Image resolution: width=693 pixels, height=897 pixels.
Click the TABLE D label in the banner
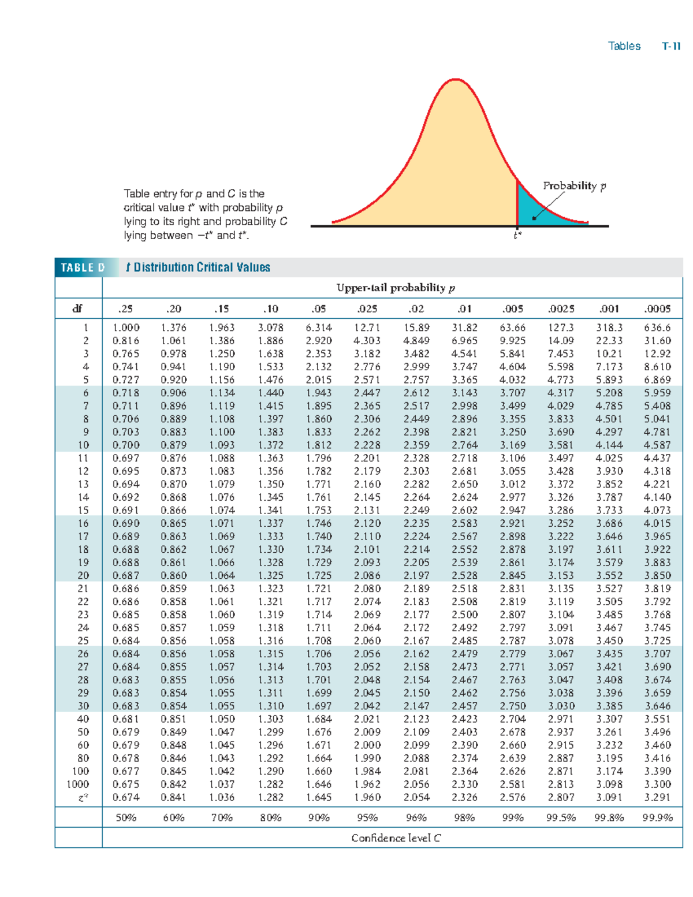83,267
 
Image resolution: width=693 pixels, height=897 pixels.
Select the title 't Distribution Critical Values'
198,267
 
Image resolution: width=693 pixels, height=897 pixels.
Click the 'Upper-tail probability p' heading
396,288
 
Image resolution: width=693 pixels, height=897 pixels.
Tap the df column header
77,308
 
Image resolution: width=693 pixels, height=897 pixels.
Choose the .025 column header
367,308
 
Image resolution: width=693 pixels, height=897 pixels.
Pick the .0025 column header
561,308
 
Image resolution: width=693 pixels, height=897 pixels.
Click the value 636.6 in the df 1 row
657,327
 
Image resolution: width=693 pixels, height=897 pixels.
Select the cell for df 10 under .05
319,445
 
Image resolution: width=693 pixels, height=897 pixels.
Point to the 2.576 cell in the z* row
512,797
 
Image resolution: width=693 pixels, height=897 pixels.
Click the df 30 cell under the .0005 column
657,706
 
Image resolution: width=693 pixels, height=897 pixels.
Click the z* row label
83,797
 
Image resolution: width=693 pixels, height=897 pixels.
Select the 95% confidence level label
367,817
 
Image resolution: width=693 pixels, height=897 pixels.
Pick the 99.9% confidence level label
657,817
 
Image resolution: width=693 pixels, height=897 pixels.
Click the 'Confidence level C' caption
396,838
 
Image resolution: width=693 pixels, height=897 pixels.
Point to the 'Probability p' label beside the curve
574,185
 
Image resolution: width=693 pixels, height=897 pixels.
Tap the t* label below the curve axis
517,235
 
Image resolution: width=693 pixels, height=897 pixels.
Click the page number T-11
671,46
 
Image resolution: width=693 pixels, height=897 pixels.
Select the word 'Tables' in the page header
624,46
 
